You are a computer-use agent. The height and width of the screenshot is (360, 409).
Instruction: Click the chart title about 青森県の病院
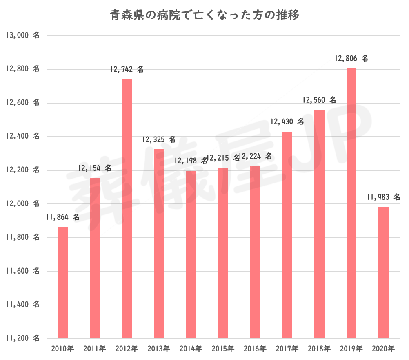[x=204, y=16]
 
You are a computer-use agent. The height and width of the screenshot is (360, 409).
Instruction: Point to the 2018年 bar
[x=319, y=224]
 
